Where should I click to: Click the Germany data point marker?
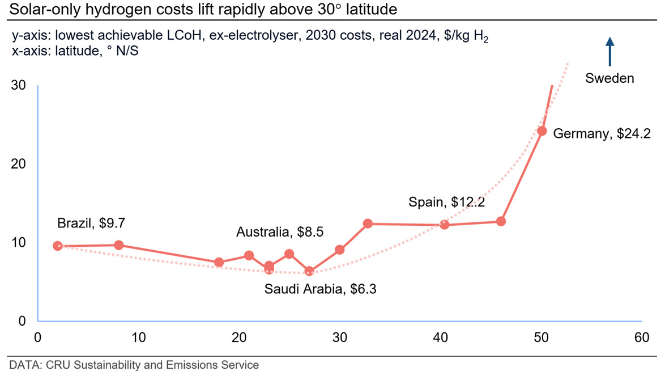pyautogui.click(x=542, y=131)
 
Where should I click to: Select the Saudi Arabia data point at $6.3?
pyautogui.click(x=309, y=271)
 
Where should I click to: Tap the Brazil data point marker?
pyautogui.click(x=58, y=246)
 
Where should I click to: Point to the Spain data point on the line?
pyautogui.click(x=444, y=225)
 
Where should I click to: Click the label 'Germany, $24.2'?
pyautogui.click(x=602, y=134)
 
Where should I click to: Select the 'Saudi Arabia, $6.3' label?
pyautogui.click(x=320, y=289)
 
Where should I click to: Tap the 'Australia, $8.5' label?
pyautogui.click(x=279, y=231)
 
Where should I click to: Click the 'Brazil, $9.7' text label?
pyautogui.click(x=91, y=223)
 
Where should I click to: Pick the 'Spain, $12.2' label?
pyautogui.click(x=446, y=202)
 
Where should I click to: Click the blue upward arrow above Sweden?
pyautogui.click(x=610, y=52)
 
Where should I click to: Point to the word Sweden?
pyautogui.click(x=609, y=78)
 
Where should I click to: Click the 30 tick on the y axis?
pyautogui.click(x=18, y=85)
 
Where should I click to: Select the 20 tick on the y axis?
pyautogui.click(x=18, y=163)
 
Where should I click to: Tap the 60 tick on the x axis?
pyautogui.click(x=642, y=338)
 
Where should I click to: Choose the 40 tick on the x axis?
pyautogui.click(x=440, y=338)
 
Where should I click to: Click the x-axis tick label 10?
pyautogui.click(x=138, y=338)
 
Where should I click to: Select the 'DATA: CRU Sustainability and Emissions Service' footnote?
pyautogui.click(x=134, y=365)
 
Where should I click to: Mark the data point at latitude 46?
pyautogui.click(x=501, y=221)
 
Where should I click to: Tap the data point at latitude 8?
pyautogui.click(x=119, y=245)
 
